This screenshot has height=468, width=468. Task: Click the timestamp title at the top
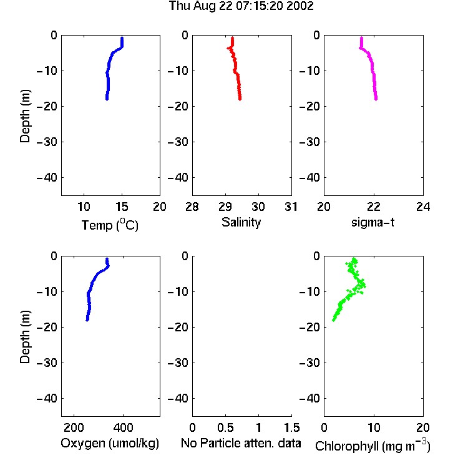[x=241, y=6]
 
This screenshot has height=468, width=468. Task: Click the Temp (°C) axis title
[x=110, y=225]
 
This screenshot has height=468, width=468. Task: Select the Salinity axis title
[x=241, y=222]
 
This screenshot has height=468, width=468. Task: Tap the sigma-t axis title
[x=373, y=222]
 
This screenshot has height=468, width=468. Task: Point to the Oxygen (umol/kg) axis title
[x=110, y=443]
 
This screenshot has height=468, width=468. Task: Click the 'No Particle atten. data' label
[x=241, y=443]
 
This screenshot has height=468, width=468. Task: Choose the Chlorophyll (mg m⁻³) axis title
[x=373, y=446]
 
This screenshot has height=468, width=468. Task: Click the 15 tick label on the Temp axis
[x=122, y=207]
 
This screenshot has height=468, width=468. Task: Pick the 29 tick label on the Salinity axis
[x=225, y=207]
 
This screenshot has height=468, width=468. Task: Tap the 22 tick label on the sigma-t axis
[x=374, y=207]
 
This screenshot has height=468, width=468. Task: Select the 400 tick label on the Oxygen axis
[x=123, y=427]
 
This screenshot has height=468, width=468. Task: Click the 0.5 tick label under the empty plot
[x=225, y=427]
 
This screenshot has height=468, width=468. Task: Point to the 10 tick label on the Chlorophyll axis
[x=374, y=427]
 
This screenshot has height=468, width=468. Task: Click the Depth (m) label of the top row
[x=26, y=116]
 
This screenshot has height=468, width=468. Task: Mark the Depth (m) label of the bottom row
[x=26, y=337]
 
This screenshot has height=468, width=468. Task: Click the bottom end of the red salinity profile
[x=240, y=99]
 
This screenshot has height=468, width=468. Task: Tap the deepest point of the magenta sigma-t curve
[x=376, y=99]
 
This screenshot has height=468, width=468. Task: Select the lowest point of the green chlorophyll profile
[x=334, y=320]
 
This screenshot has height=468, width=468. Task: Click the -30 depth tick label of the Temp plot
[x=47, y=142]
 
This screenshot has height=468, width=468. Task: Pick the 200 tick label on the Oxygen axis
[x=74, y=427]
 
